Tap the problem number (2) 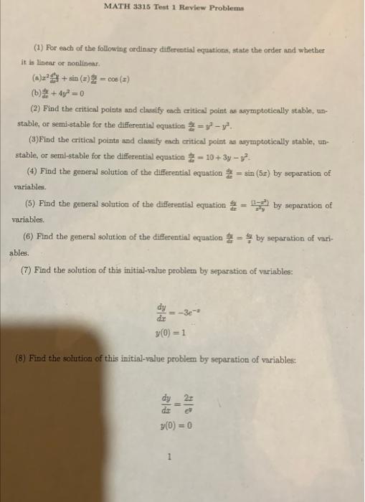pos(34,108)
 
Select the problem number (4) pos(32,173)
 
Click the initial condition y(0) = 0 pos(177,424)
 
